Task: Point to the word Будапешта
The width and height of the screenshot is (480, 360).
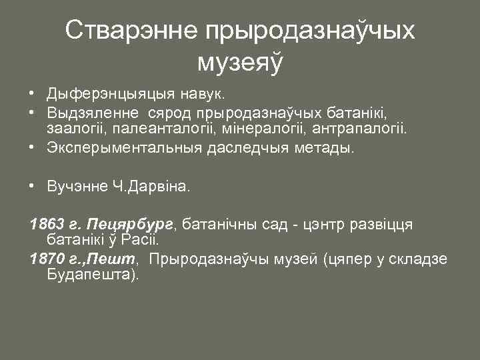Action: (x=91, y=274)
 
